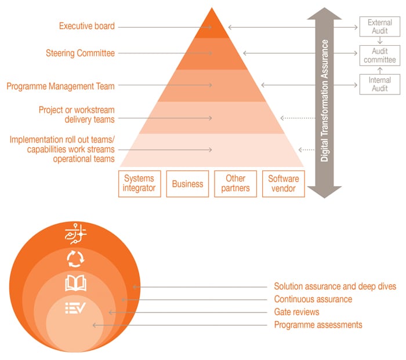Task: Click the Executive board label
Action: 87,26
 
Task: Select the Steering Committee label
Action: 80,53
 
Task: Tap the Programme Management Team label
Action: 61,86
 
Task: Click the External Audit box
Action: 380,26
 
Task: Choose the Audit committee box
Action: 380,56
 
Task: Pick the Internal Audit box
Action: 380,85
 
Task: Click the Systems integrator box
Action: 140,184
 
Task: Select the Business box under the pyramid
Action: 188,184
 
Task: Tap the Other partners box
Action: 235,184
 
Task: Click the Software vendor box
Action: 283,184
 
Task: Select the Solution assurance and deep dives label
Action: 335,286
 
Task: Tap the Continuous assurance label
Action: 313,299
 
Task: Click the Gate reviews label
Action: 296,312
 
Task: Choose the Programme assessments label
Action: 318,325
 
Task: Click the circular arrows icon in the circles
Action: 76,259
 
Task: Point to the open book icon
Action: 76,283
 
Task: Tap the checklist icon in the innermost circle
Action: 76,308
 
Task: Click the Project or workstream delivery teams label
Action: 77,114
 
